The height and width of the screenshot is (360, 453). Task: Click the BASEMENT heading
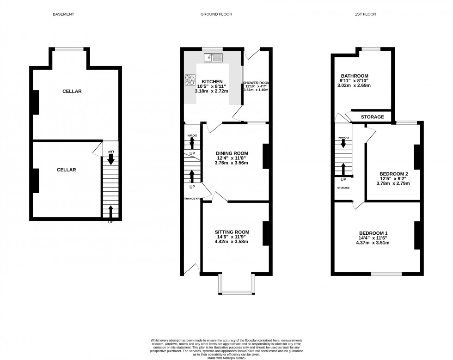click(x=64, y=14)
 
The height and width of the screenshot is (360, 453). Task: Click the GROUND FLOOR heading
click(x=216, y=14)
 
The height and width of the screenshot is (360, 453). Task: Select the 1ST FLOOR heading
click(x=366, y=14)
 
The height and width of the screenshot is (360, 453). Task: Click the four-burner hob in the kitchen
click(x=190, y=80)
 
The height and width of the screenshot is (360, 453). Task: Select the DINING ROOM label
click(x=233, y=153)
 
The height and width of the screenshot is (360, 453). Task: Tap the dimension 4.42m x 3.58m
click(x=232, y=242)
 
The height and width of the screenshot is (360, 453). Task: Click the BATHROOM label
click(x=355, y=76)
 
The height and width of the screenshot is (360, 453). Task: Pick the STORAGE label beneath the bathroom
click(x=373, y=117)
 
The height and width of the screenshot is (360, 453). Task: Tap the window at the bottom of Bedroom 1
click(x=386, y=274)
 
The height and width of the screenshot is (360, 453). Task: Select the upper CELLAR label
click(x=72, y=92)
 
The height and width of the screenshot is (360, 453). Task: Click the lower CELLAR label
click(x=66, y=170)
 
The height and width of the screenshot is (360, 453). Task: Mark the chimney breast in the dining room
click(x=266, y=156)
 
